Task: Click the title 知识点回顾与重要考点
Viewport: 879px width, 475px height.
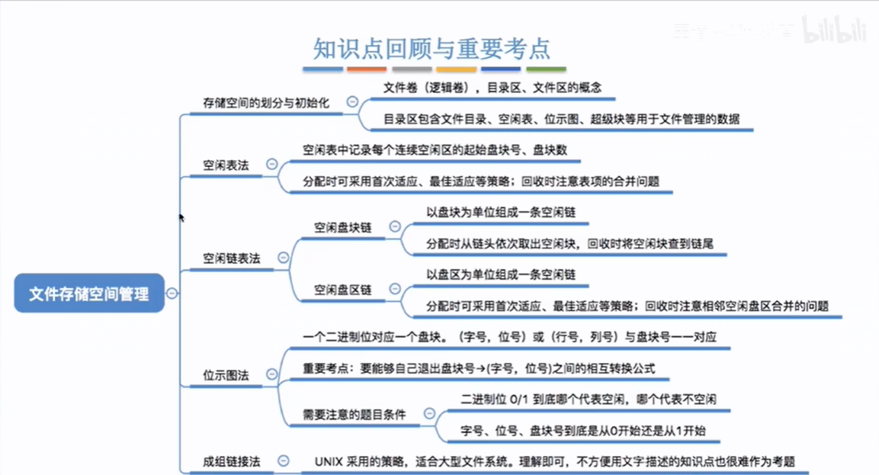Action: coord(431,48)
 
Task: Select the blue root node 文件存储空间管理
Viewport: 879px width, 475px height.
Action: coord(89,294)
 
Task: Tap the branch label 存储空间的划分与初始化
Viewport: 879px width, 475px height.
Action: coord(266,102)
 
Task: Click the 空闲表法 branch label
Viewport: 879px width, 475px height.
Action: coord(226,164)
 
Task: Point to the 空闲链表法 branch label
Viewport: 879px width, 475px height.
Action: coord(232,258)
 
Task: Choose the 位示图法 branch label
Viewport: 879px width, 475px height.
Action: coord(226,375)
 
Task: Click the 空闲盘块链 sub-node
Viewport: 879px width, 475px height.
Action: coord(343,227)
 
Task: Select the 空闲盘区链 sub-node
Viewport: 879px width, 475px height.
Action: coord(343,289)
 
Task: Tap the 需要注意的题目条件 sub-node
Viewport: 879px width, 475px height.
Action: coord(354,414)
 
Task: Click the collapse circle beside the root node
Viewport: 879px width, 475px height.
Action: coord(172,294)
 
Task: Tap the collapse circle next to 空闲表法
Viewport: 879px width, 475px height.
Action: coord(271,164)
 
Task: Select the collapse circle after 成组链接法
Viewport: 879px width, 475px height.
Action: coord(284,461)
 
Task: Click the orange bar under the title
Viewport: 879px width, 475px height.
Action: coord(367,69)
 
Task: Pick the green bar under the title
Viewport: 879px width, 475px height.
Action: coord(546,69)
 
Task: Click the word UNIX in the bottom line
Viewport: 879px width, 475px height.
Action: coord(330,461)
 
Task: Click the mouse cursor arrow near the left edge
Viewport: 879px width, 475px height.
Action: coord(181,218)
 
